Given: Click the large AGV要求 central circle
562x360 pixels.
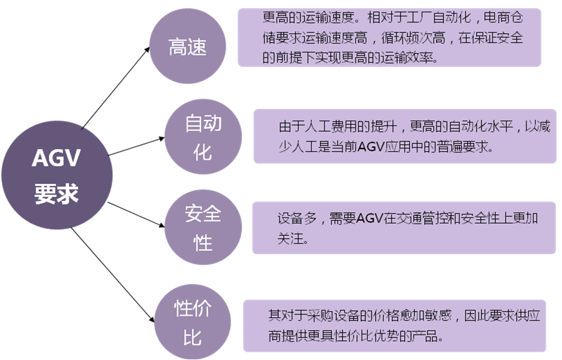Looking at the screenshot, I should pyautogui.click(x=57, y=176).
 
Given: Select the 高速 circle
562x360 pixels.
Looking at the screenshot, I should pyautogui.click(x=188, y=47).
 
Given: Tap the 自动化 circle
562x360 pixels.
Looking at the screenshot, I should pyautogui.click(x=203, y=138).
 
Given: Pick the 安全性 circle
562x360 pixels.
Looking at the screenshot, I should pyautogui.click(x=203, y=228).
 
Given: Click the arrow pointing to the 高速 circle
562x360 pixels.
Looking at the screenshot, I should pyautogui.click(x=115, y=88).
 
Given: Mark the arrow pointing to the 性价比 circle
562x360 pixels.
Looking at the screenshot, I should pyautogui.click(x=112, y=275).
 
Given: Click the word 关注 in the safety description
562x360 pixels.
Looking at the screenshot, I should pyautogui.click(x=288, y=239).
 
